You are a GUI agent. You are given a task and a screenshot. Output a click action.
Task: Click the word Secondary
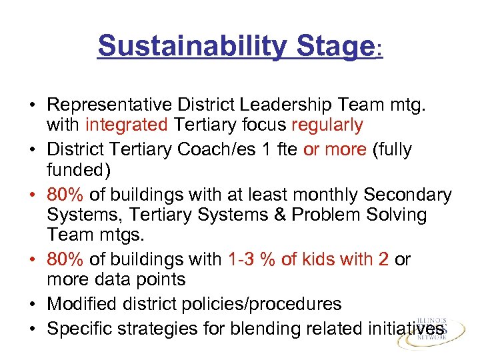tap(407, 194)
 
